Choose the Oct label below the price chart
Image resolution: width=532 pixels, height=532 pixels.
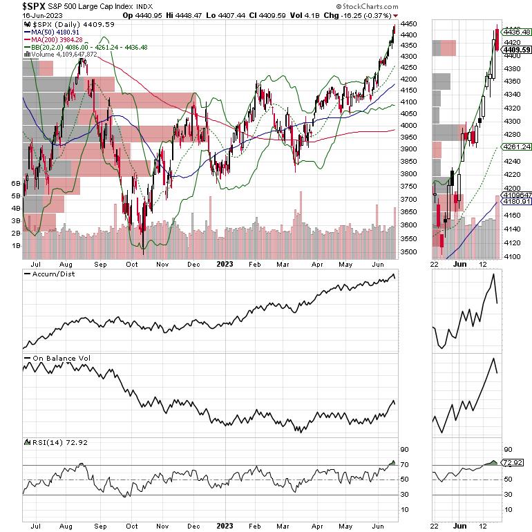click(131, 263)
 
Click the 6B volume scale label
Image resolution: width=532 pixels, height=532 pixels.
click(15, 184)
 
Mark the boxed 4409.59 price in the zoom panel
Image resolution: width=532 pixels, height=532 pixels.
click(516, 49)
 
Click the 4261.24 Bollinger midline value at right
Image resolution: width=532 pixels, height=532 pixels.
click(517, 146)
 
